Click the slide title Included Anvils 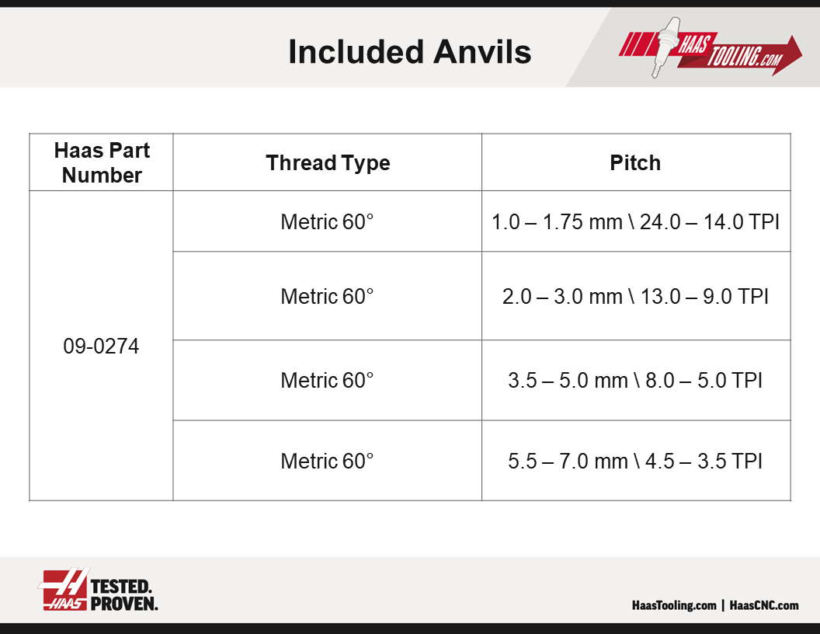[x=409, y=52]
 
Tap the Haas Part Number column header [x=102, y=162]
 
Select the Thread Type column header [x=328, y=162]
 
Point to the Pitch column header [x=635, y=162]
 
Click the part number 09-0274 [x=101, y=347]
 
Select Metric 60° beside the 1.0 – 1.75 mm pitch [x=327, y=221]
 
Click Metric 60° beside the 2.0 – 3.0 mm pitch [x=327, y=297]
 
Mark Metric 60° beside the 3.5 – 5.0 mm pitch [x=327, y=380]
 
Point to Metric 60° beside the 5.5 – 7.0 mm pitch [x=327, y=461]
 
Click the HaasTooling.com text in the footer [x=674, y=605]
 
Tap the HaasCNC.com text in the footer [x=764, y=605]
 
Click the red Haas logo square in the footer [x=64, y=590]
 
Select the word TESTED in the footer [x=121, y=587]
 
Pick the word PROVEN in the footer [x=124, y=604]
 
